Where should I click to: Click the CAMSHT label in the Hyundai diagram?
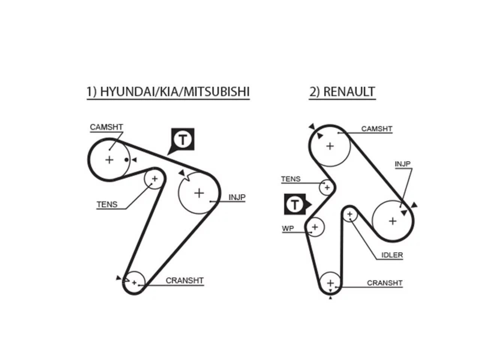[x=106, y=127]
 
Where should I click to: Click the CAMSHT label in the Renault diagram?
[x=376, y=129]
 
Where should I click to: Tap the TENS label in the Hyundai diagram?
[x=107, y=205]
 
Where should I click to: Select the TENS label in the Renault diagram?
[x=291, y=179]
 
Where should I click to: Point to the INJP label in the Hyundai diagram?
[x=237, y=197]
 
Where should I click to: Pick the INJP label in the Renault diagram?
[x=403, y=164]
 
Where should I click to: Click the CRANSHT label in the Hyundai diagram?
[x=185, y=280]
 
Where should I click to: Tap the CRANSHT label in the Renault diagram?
[x=385, y=283]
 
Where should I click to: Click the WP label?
[x=288, y=228]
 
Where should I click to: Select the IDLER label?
[x=392, y=255]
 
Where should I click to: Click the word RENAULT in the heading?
[x=349, y=91]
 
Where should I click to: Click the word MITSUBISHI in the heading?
[x=216, y=91]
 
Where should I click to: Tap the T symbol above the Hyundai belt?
[x=183, y=139]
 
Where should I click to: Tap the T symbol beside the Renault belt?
[x=295, y=204]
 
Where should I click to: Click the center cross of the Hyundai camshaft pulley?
[x=109, y=160]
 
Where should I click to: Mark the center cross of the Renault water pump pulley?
[x=315, y=227]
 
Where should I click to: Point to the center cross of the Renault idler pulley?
[x=350, y=214]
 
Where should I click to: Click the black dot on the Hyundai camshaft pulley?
[x=126, y=160]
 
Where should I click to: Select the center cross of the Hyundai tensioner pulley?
[x=155, y=179]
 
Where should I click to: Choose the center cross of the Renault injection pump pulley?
[x=393, y=221]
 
